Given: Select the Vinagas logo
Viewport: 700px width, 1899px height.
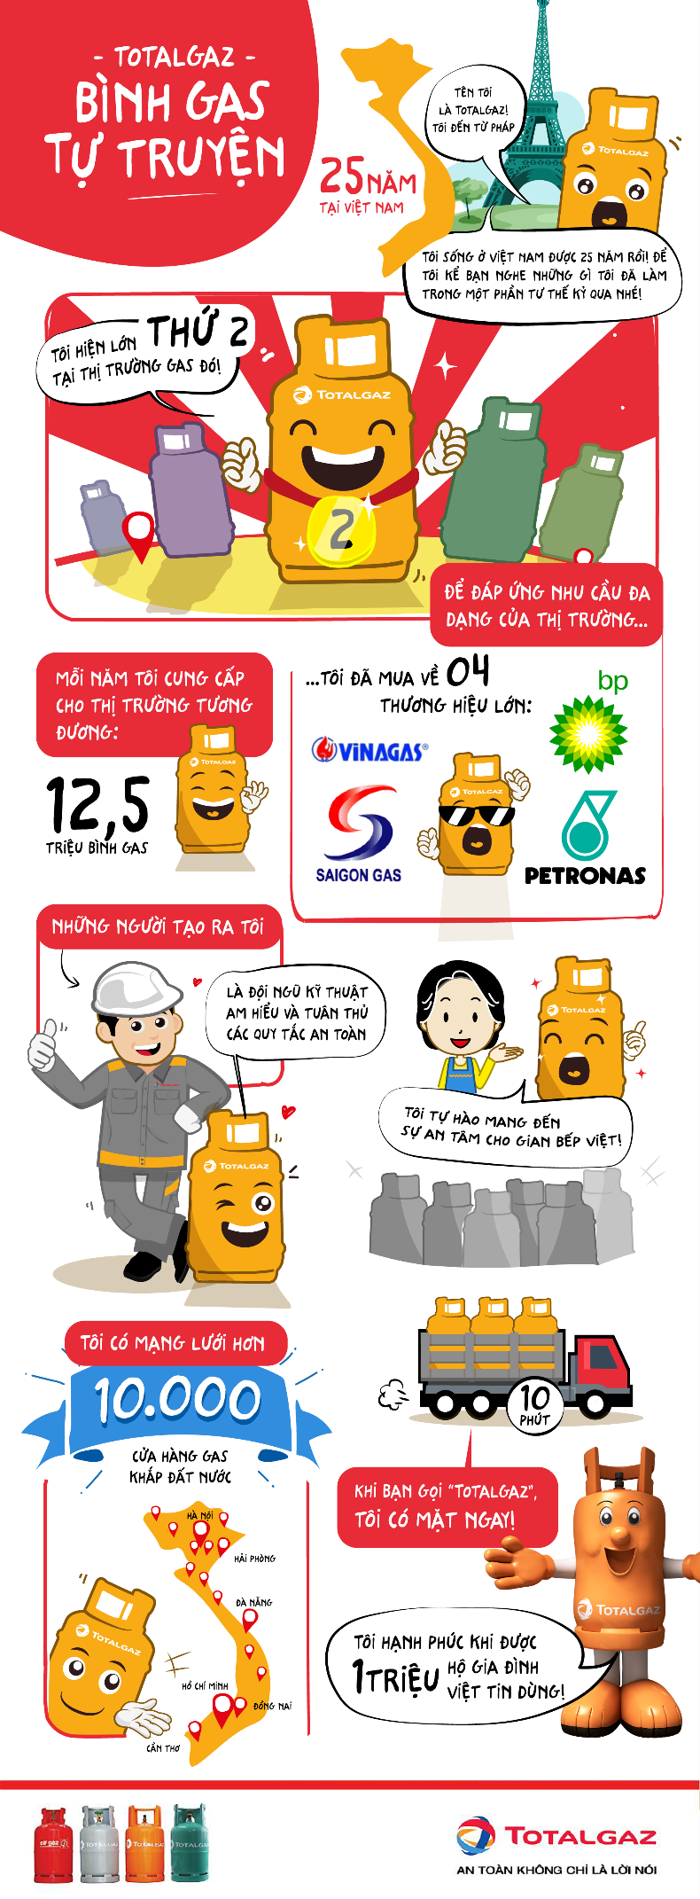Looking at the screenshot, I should click(x=369, y=751).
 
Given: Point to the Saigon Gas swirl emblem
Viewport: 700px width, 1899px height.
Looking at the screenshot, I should click(x=360, y=823).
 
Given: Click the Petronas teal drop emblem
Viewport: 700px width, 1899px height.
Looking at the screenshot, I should click(x=586, y=827).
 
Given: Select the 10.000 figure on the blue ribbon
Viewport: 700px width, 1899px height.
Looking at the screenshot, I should click(x=178, y=1400).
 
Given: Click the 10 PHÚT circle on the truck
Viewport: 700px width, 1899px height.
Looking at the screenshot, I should click(x=534, y=1403).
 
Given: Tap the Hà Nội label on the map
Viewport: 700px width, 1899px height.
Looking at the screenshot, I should click(x=199, y=1515).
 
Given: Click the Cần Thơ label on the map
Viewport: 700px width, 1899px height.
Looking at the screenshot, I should click(x=163, y=1748).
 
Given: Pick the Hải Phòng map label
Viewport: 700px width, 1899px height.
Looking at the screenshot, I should click(x=254, y=1558).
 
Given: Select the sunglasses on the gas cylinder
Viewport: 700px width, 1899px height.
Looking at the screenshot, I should click(x=476, y=814).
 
